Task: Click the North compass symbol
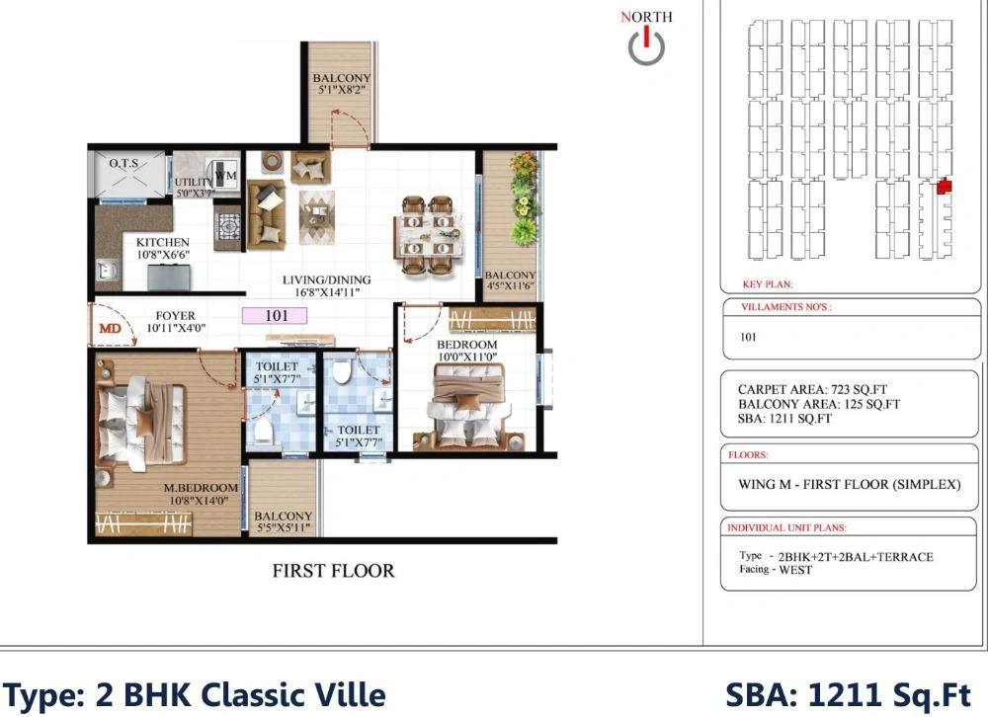(646, 46)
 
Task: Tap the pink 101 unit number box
(275, 316)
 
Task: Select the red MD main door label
(111, 328)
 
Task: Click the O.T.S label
(123, 164)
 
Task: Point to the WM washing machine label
(226, 175)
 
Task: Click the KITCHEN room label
(163, 243)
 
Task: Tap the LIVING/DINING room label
(326, 279)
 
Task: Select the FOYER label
(175, 316)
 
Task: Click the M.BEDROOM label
(201, 488)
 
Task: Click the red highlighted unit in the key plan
(944, 187)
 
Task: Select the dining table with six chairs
(429, 235)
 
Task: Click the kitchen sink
(107, 269)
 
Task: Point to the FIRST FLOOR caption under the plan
(333, 571)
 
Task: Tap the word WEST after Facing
(795, 570)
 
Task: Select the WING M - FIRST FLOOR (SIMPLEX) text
(850, 485)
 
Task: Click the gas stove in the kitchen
(228, 225)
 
